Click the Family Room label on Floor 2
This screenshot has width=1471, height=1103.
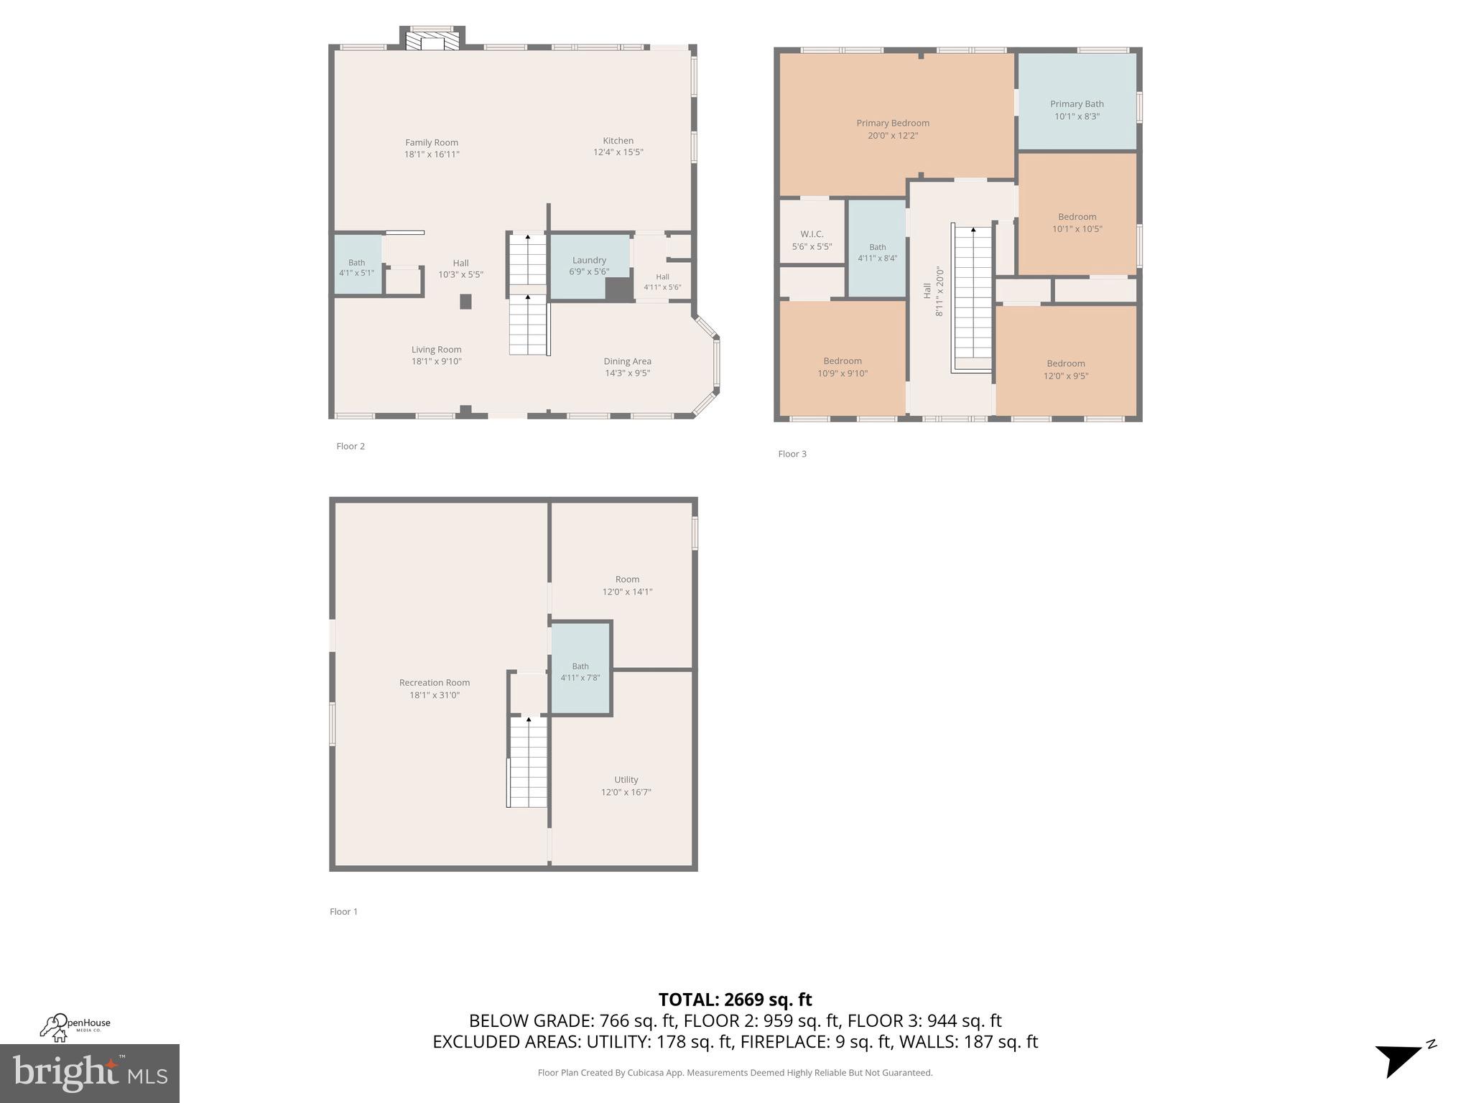click(431, 143)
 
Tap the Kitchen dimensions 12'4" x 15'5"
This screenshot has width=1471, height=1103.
click(618, 152)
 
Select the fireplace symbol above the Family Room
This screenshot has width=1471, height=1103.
click(432, 39)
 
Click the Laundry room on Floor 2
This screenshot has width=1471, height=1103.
click(589, 266)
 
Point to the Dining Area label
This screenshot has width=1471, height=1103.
click(627, 361)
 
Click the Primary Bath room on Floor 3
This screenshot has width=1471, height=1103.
click(1077, 110)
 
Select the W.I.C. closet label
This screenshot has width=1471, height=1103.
click(812, 234)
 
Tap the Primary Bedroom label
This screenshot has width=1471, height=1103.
click(893, 124)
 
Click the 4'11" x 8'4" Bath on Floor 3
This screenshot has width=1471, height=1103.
click(877, 253)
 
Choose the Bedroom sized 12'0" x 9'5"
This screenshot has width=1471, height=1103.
click(1065, 370)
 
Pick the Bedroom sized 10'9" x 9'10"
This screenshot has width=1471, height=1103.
click(843, 367)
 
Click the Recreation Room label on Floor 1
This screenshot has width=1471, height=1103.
click(435, 683)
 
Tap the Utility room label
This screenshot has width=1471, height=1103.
click(626, 780)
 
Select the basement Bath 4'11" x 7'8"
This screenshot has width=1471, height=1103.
click(580, 671)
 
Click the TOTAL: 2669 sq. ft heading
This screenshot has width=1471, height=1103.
click(735, 1000)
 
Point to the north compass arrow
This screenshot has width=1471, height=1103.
click(1401, 1059)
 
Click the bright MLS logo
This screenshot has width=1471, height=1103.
click(90, 1073)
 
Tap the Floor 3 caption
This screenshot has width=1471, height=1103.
click(792, 454)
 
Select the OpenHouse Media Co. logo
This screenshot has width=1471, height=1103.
click(75, 1027)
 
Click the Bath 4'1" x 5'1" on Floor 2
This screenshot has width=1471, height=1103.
click(357, 267)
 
